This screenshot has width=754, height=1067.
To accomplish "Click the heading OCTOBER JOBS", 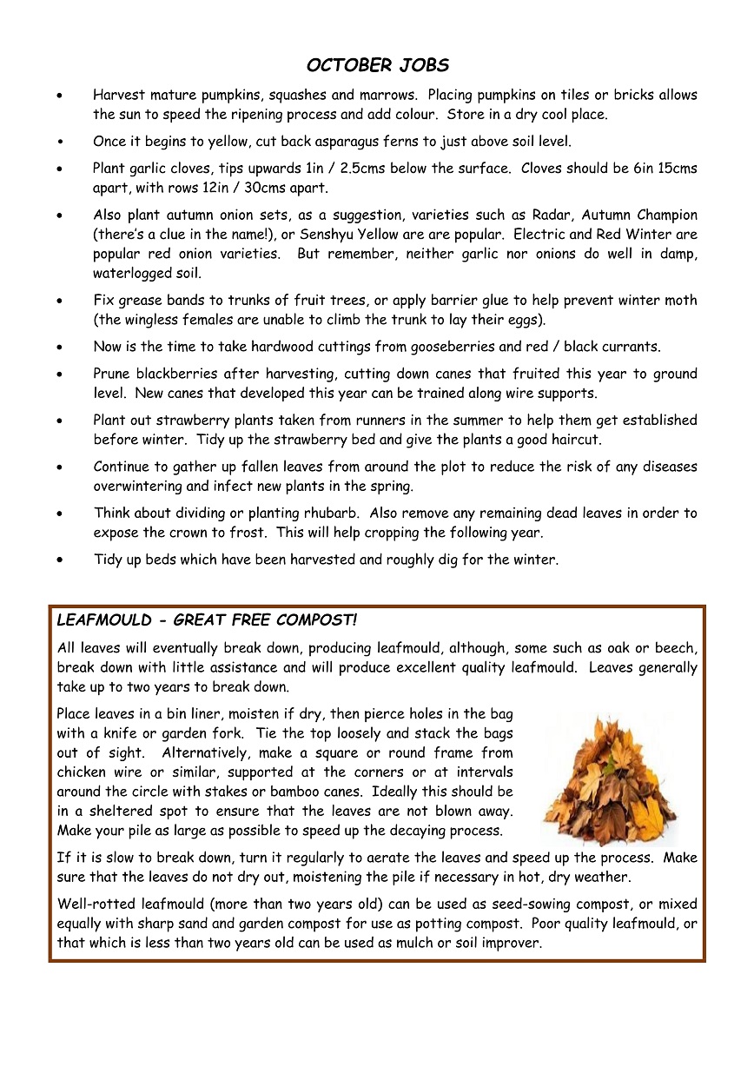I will tap(377, 66).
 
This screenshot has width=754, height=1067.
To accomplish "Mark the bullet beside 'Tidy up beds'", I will tap(58, 560).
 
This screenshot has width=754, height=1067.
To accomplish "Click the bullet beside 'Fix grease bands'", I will tap(58, 302).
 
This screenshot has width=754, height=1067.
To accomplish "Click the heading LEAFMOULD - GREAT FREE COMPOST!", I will tap(207, 620).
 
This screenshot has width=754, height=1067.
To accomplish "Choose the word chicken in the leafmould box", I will tap(81, 772).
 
